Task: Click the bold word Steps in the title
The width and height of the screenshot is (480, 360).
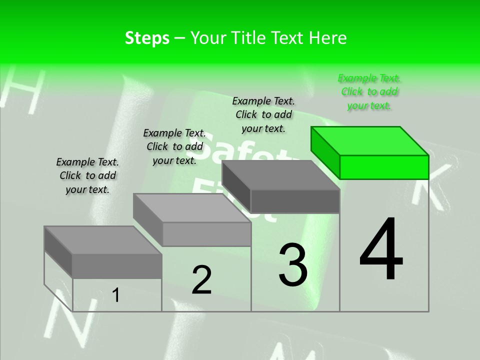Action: (146, 38)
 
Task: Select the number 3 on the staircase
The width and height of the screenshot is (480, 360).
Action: (293, 265)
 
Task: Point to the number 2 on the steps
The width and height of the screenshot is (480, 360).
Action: (201, 280)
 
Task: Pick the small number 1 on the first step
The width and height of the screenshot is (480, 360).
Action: (116, 295)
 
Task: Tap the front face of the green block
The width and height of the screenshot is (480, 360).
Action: (384, 167)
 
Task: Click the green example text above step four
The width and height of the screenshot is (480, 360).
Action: (369, 91)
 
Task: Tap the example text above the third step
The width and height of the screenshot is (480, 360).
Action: (263, 114)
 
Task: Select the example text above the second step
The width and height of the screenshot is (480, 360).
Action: (174, 146)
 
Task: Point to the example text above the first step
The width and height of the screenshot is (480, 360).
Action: (87, 175)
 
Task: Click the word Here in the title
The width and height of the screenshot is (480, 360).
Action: (328, 38)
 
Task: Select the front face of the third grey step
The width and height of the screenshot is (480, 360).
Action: (295, 201)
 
